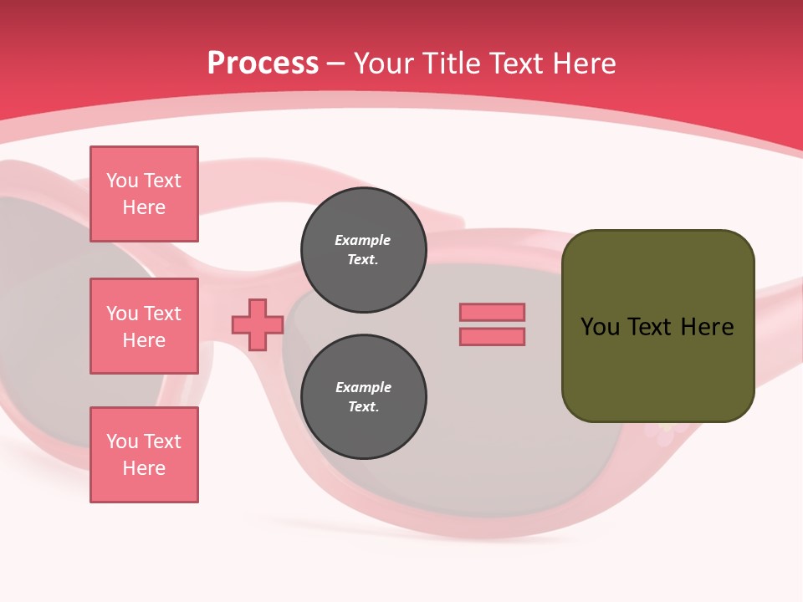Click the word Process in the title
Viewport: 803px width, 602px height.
point(263,64)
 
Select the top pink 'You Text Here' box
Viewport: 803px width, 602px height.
point(144,194)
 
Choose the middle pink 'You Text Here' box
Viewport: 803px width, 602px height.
point(144,326)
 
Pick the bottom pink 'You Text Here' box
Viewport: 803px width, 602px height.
point(144,455)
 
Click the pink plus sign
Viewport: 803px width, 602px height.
point(258,324)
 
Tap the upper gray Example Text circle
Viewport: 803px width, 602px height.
point(363,250)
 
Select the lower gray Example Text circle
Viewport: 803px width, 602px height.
point(363,397)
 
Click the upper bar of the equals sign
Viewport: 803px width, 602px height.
point(492,312)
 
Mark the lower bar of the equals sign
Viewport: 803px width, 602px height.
point(492,337)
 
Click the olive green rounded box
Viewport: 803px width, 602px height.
point(657,325)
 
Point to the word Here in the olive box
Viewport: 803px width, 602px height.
point(707,327)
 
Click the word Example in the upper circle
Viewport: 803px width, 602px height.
point(363,240)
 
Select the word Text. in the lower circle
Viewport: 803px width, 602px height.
point(363,407)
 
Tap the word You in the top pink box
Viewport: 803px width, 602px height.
point(122,181)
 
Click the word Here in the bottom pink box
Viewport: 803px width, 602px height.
point(144,468)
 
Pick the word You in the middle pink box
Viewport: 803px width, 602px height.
point(122,314)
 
